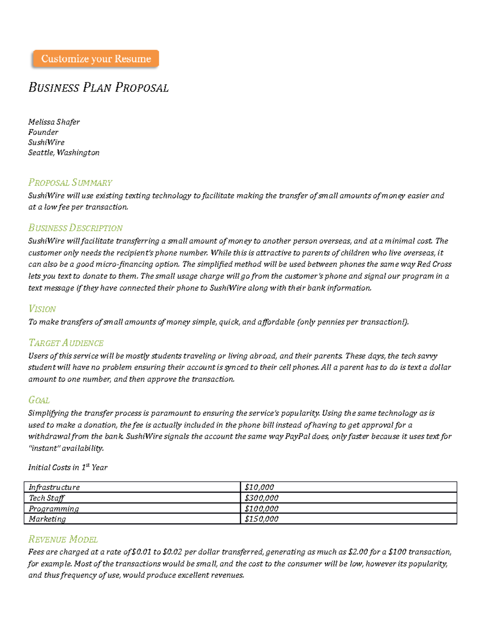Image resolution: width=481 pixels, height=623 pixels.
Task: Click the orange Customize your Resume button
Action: coord(96,59)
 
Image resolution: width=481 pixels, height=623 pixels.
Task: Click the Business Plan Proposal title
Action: coord(99,87)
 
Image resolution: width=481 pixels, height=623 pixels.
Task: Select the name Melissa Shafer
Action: coord(54,122)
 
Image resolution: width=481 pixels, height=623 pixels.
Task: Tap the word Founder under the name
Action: coord(43,132)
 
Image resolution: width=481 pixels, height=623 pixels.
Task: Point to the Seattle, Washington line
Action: coord(64,152)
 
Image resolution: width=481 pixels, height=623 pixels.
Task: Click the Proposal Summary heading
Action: coord(70,183)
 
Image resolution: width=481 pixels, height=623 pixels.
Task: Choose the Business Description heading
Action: coord(75,228)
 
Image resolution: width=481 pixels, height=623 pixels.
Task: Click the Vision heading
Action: coord(42,309)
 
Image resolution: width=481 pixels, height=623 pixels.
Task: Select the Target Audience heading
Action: coord(66,343)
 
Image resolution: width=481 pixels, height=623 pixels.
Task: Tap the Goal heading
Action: coord(39,400)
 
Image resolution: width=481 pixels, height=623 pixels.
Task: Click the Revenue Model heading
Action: coord(63,539)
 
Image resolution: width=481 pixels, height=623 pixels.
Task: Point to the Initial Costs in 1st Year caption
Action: coord(68,467)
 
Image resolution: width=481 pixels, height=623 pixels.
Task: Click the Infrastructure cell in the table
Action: coord(54,487)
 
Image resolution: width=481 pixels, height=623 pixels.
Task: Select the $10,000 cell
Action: coord(259,487)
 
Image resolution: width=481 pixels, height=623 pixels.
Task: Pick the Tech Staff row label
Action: coord(46,498)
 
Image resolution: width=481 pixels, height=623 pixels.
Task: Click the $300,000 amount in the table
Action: coord(262,498)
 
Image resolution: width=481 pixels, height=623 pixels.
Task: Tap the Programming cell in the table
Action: coord(54,509)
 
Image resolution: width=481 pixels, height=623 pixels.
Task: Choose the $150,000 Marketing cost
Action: coord(262,519)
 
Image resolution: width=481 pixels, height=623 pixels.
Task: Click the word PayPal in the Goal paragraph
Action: coord(297,436)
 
